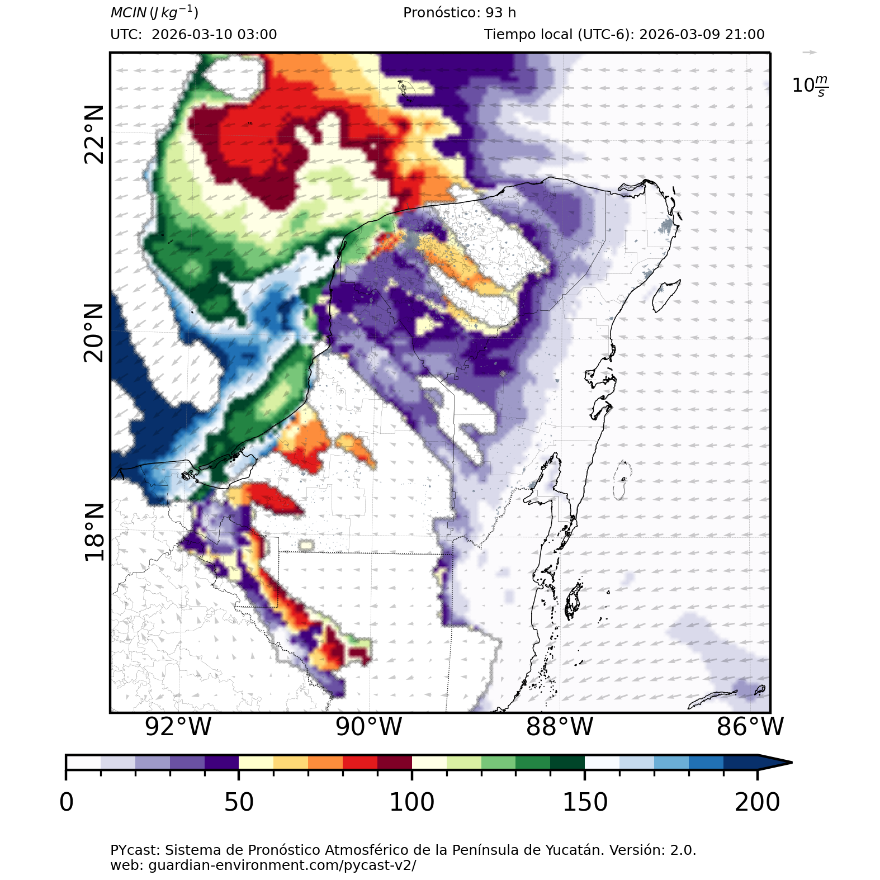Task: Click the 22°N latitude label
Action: pyautogui.click(x=94, y=135)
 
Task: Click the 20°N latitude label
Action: pyautogui.click(x=94, y=333)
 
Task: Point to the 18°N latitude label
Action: pyautogui.click(x=94, y=532)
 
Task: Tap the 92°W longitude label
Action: pyautogui.click(x=178, y=727)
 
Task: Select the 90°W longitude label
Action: pyautogui.click(x=369, y=727)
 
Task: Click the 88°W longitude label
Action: pyautogui.click(x=560, y=727)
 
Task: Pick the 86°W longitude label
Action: pyautogui.click(x=750, y=727)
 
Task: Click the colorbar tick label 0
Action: pyautogui.click(x=67, y=802)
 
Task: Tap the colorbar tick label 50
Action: pyautogui.click(x=239, y=802)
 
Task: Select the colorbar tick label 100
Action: pyautogui.click(x=412, y=802)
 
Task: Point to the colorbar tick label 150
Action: pyautogui.click(x=585, y=802)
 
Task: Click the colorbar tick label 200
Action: pyautogui.click(x=758, y=802)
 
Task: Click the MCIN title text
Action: pyautogui.click(x=154, y=12)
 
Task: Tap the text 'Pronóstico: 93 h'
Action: pyautogui.click(x=460, y=12)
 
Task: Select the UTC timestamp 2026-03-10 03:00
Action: pyautogui.click(x=214, y=35)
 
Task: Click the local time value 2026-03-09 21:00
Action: pyautogui.click(x=702, y=35)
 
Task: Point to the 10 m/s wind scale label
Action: pyautogui.click(x=810, y=86)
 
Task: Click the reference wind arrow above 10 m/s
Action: pyautogui.click(x=810, y=53)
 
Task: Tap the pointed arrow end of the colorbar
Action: pyautogui.click(x=783, y=762)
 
